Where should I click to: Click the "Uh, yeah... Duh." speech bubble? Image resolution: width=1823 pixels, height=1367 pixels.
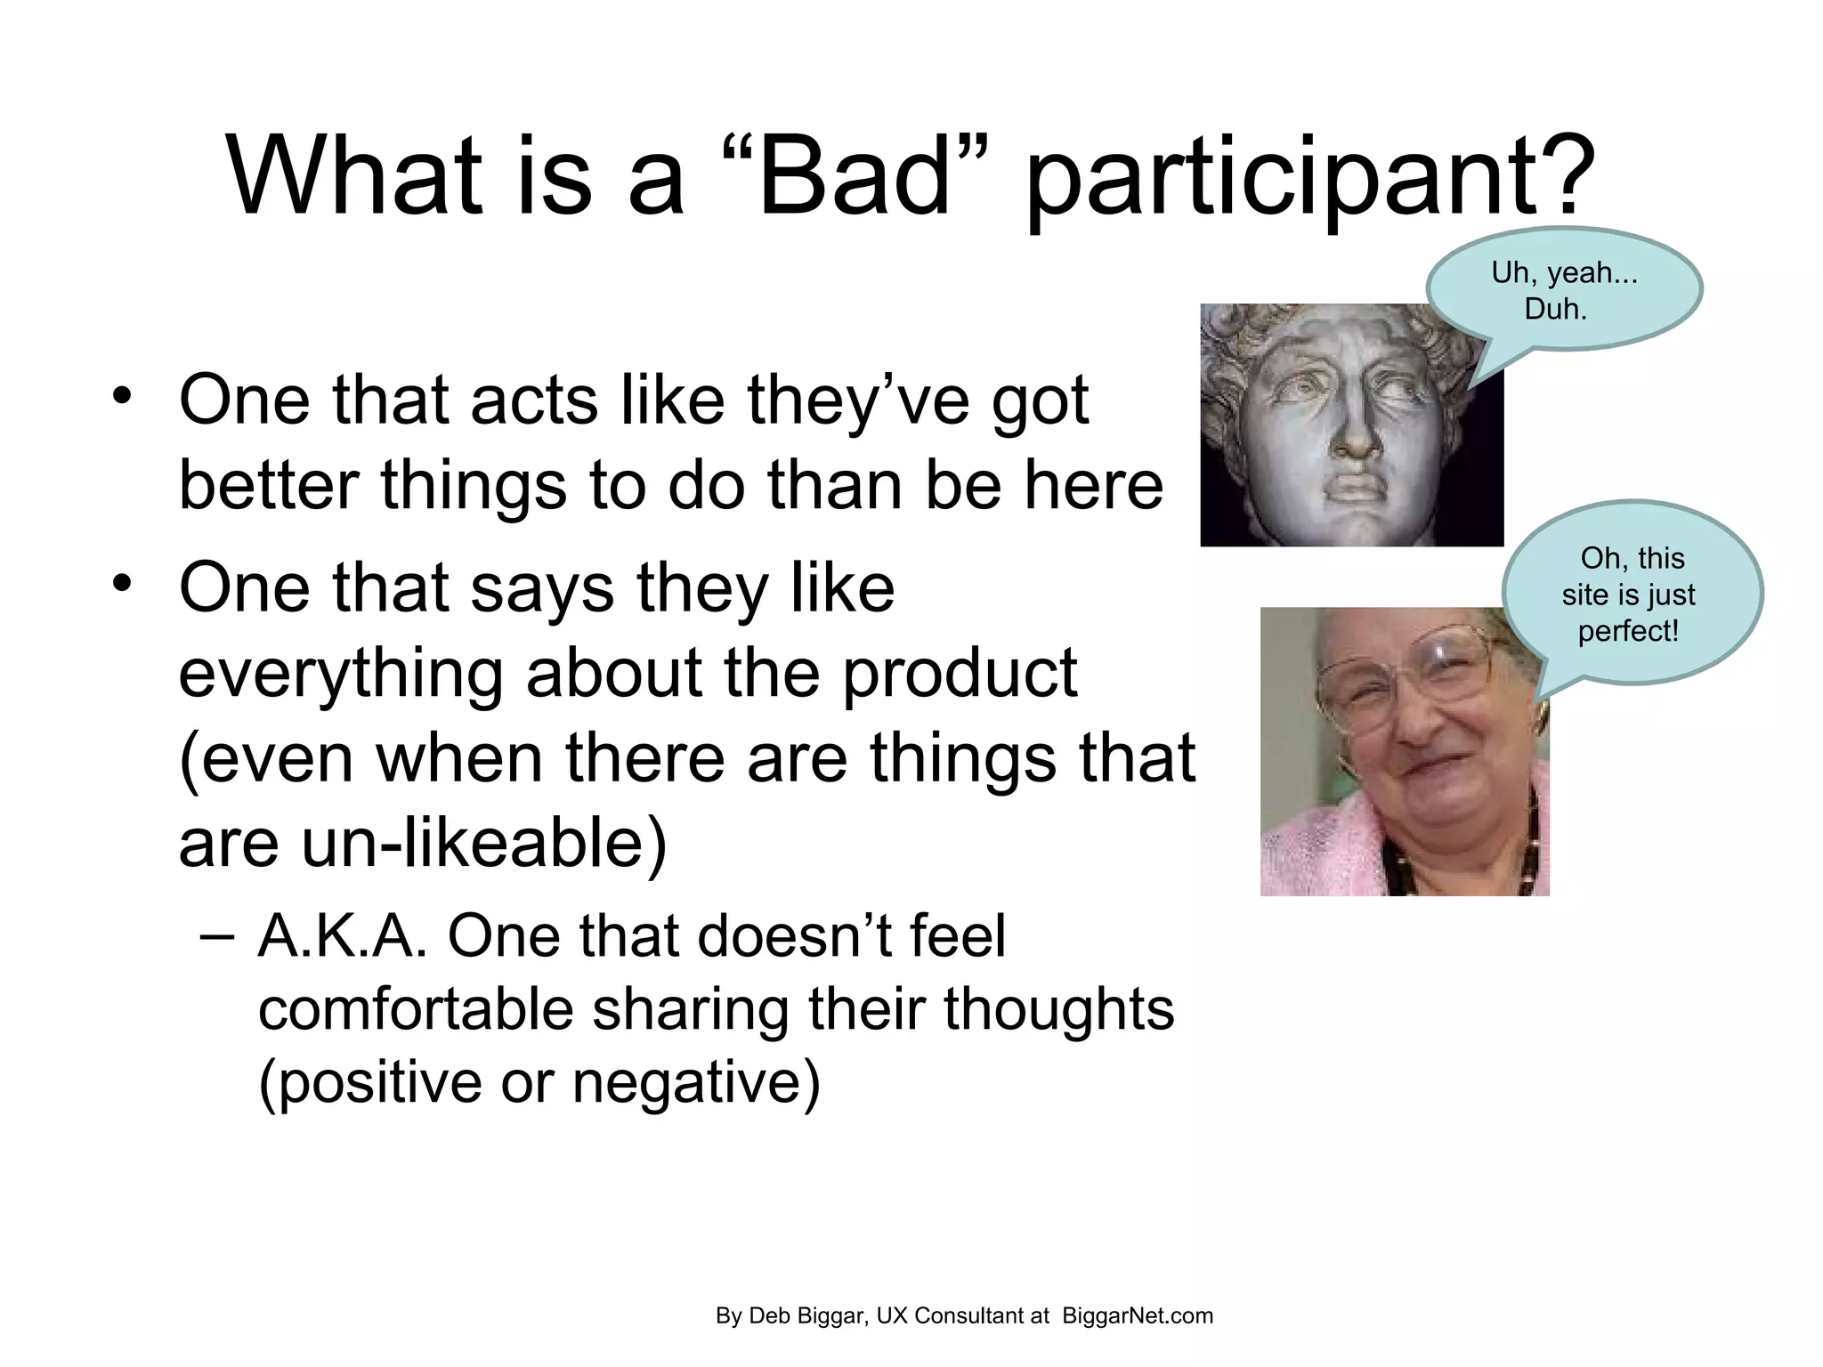1564,290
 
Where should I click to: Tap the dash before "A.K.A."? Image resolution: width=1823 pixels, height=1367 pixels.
218,936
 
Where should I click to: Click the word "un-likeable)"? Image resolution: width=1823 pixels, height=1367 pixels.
484,842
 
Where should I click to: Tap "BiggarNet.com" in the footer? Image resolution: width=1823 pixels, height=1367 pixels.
1137,1315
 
